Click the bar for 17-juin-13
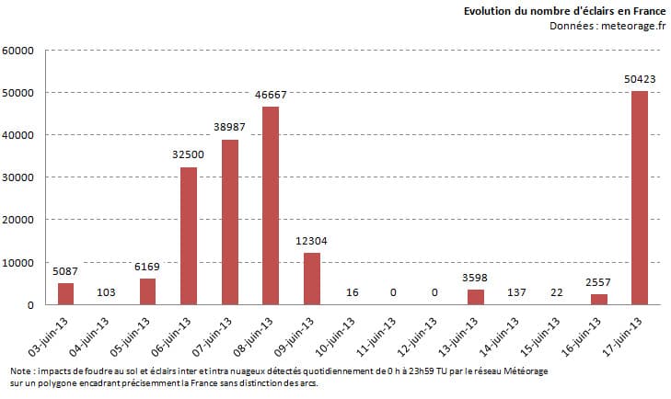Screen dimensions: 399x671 click(x=640, y=198)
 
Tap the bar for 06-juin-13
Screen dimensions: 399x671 click(x=189, y=235)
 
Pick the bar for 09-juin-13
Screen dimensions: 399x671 click(x=312, y=279)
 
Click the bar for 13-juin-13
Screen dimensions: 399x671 click(x=476, y=297)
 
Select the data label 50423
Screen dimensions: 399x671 click(x=640, y=81)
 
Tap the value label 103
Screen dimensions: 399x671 click(x=107, y=292)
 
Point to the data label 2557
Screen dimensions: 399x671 click(x=599, y=283)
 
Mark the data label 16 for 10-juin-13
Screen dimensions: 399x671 click(x=353, y=292)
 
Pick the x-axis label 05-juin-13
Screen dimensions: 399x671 click(x=132, y=336)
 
